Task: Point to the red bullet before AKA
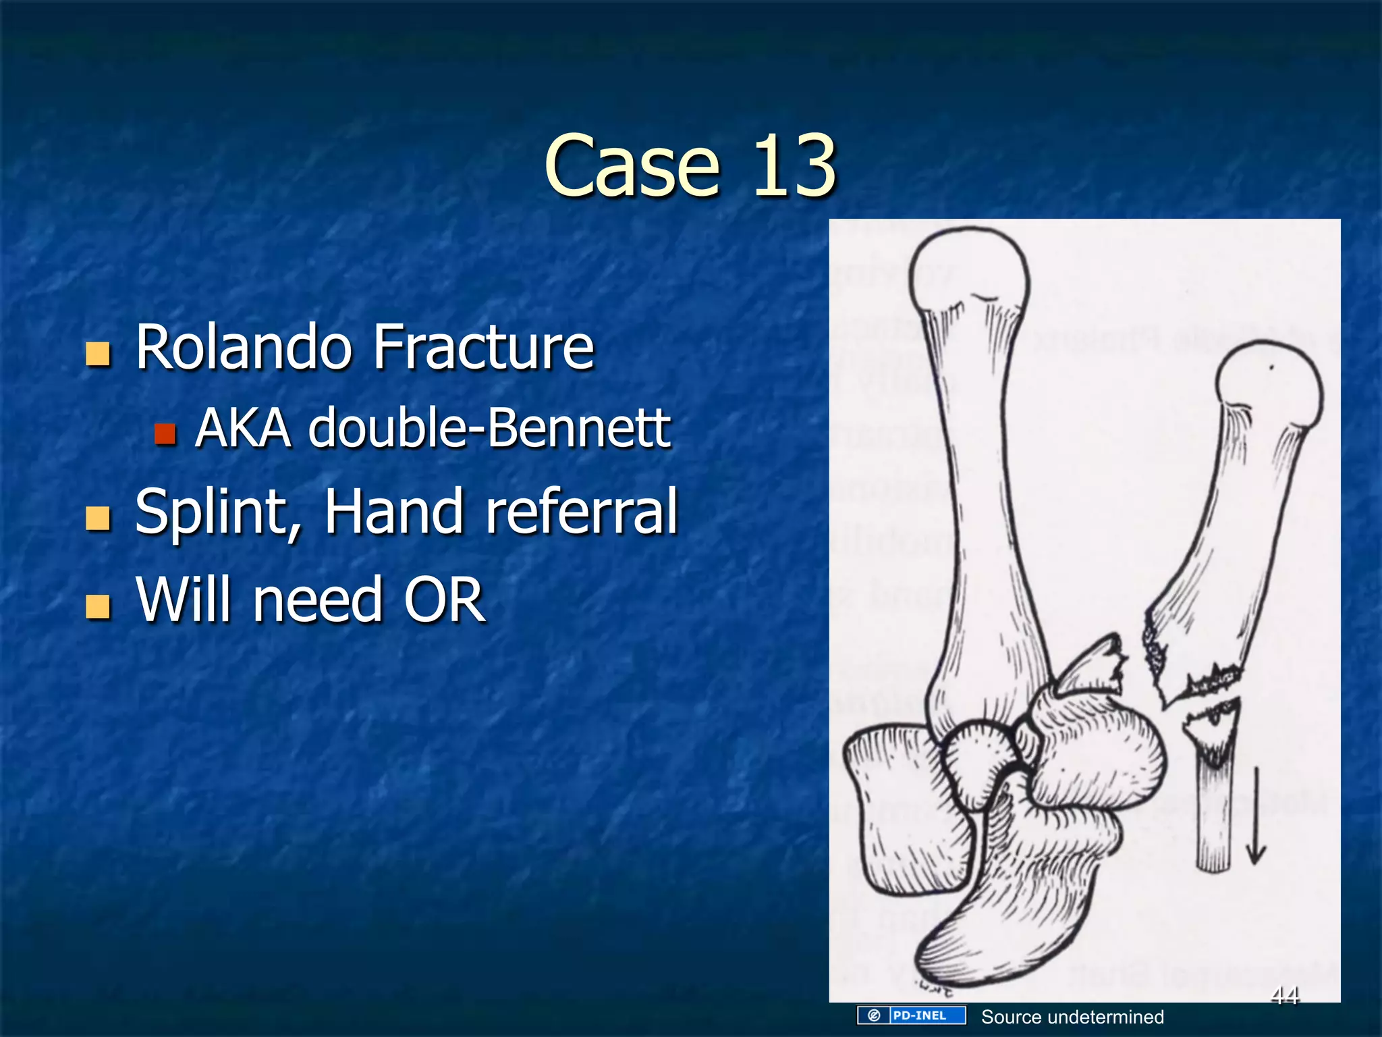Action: [x=165, y=433]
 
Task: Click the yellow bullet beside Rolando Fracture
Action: [x=99, y=353]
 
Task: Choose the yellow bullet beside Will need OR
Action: [x=99, y=606]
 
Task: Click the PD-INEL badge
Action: [x=911, y=1015]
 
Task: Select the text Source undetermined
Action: [x=1072, y=1017]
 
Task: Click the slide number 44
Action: [x=1284, y=994]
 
